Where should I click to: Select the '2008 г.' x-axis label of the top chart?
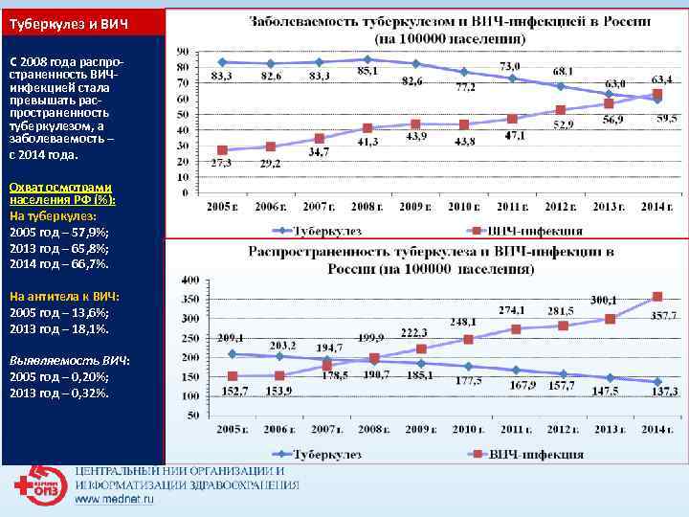coord(367,206)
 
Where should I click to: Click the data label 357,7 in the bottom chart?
coord(664,315)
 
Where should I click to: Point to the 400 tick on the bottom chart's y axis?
coord(189,280)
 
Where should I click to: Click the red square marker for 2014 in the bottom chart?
coord(656,297)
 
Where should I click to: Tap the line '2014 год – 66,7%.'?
coord(59,262)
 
